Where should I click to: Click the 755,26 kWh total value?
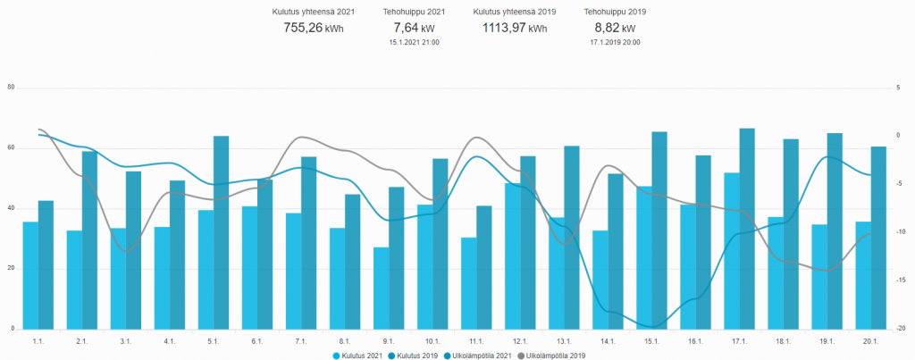click(x=307, y=28)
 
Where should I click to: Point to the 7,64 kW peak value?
click(x=414, y=28)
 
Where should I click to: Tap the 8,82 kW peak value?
click(x=615, y=28)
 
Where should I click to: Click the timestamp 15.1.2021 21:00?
click(x=414, y=42)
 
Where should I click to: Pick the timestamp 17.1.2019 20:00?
click(x=615, y=42)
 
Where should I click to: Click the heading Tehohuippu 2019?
click(x=615, y=12)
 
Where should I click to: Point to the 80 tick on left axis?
click(x=11, y=88)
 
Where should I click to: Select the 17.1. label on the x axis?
click(x=739, y=341)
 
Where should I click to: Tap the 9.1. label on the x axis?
click(x=389, y=341)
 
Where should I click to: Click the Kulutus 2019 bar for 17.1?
click(x=747, y=229)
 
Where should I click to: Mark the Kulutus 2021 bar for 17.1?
click(x=732, y=250)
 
